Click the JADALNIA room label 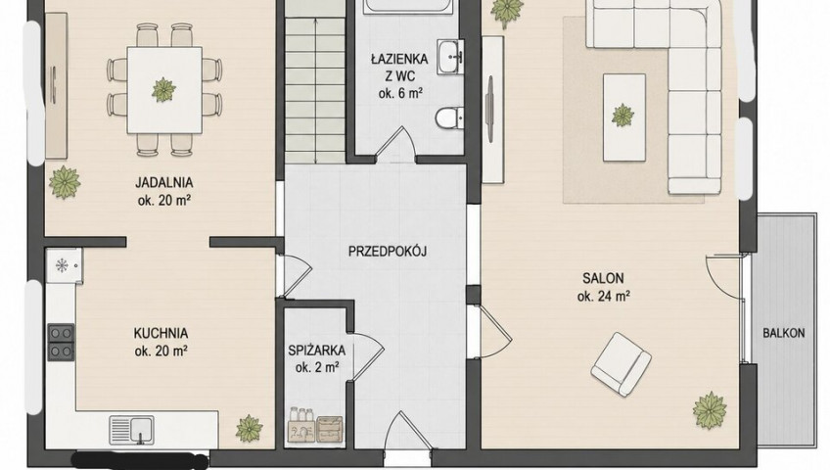pyautogui.click(x=164, y=183)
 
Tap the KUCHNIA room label pyautogui.click(x=161, y=334)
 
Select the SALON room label pyautogui.click(x=603, y=278)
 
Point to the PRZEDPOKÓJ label pyautogui.click(x=388, y=251)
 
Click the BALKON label pyautogui.click(x=783, y=333)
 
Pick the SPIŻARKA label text pyautogui.click(x=316, y=350)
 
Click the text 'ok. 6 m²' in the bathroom pyautogui.click(x=400, y=94)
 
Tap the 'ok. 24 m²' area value pyautogui.click(x=604, y=297)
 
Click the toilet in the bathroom pyautogui.click(x=449, y=117)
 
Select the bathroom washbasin pyautogui.click(x=450, y=56)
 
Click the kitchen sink pyautogui.click(x=132, y=429)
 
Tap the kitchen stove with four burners pyautogui.click(x=61, y=342)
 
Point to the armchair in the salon pyautogui.click(x=621, y=363)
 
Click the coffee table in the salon pyautogui.click(x=624, y=117)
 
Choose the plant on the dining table pyautogui.click(x=163, y=89)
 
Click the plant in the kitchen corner pyautogui.click(x=249, y=428)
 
